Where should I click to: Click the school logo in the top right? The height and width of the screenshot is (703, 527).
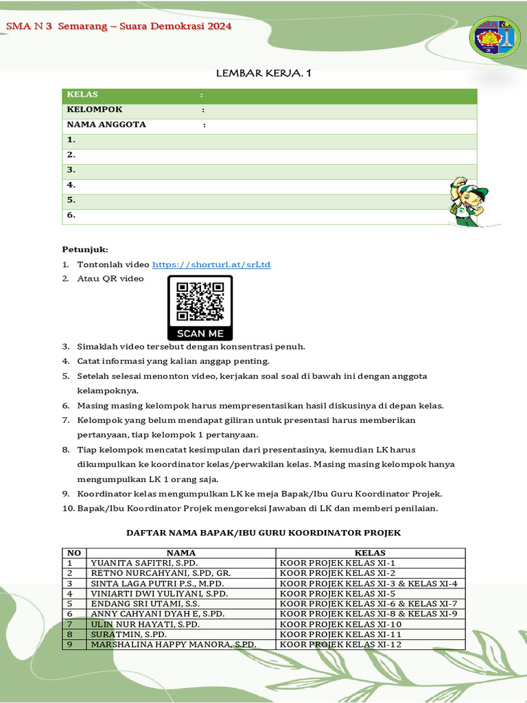tap(494, 38)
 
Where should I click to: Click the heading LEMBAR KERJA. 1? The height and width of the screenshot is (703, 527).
tap(263, 73)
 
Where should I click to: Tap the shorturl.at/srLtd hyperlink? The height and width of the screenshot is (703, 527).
tap(211, 264)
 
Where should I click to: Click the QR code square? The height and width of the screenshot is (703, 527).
tap(200, 301)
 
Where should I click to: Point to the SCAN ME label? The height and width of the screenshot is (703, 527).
tap(200, 334)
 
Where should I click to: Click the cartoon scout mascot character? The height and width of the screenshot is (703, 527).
tap(467, 202)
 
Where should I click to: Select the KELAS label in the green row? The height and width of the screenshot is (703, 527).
tap(82, 95)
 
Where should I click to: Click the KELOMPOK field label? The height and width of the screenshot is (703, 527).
tap(95, 110)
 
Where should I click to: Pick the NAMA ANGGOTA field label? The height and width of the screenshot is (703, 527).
tap(106, 125)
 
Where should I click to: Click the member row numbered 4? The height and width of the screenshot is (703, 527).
tap(71, 185)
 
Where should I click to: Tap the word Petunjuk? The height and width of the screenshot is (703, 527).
tap(85, 249)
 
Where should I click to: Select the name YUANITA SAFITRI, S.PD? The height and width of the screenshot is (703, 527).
tap(144, 563)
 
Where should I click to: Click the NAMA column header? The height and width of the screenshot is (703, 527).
tap(181, 553)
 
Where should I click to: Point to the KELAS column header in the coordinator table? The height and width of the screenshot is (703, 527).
tap(370, 553)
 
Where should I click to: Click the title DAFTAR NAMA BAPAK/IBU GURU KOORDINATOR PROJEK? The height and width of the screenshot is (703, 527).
tap(263, 533)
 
